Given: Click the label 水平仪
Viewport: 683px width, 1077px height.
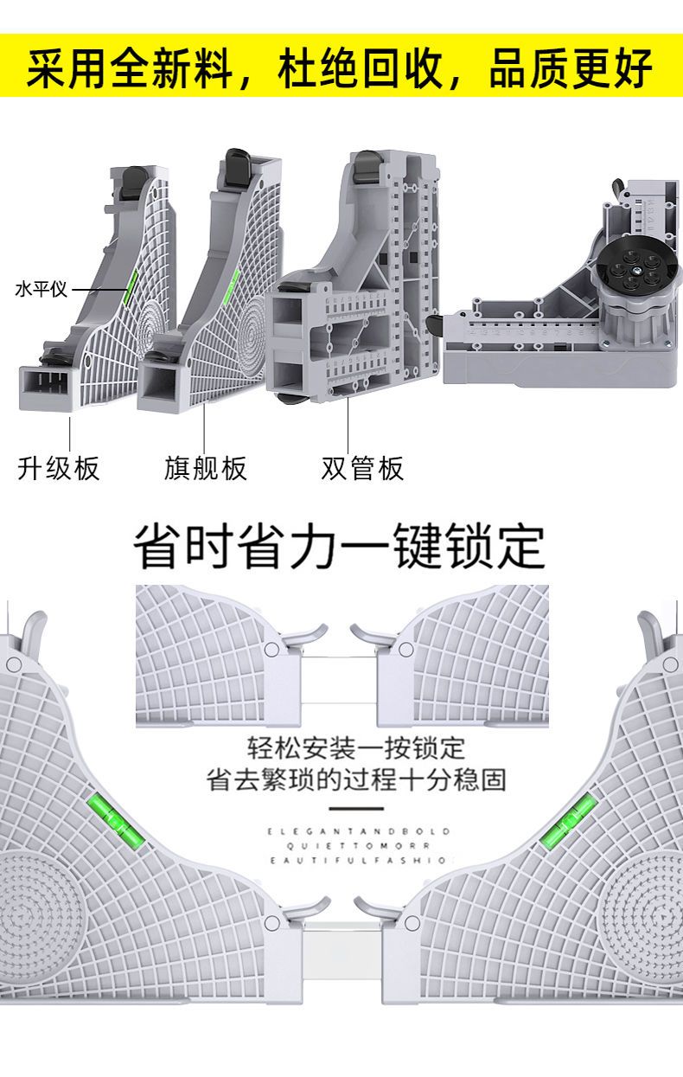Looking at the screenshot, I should pyautogui.click(x=41, y=289).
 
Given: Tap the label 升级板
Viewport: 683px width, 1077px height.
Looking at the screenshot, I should pyautogui.click(x=59, y=468).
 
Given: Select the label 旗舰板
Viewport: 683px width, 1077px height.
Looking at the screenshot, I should pyautogui.click(x=206, y=468).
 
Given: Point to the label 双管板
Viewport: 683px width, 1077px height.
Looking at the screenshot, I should pyautogui.click(x=362, y=468).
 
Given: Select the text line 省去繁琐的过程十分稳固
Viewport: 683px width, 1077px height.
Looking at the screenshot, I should pyautogui.click(x=356, y=779).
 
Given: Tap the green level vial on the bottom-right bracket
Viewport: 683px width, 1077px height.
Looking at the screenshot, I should pyautogui.click(x=567, y=818).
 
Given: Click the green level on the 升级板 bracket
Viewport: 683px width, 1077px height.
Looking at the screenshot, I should pyautogui.click(x=129, y=287).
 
